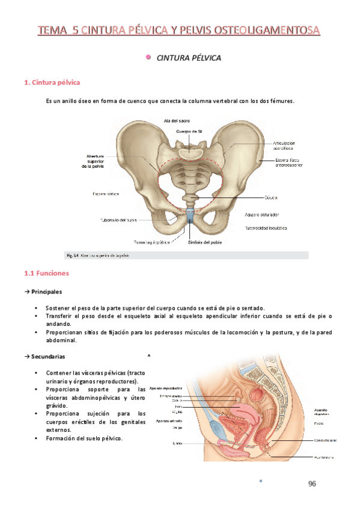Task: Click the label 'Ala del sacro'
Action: (x=177, y=121)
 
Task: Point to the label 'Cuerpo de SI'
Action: (x=189, y=131)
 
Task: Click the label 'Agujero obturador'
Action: (x=261, y=215)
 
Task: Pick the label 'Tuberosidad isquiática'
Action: (x=265, y=228)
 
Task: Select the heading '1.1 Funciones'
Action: (x=47, y=274)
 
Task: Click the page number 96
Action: (x=312, y=484)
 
